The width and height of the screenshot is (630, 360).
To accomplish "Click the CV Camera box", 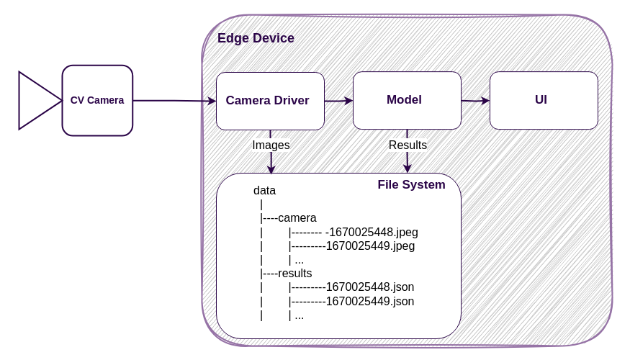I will [x=97, y=101].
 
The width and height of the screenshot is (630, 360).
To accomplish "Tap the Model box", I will [x=407, y=100].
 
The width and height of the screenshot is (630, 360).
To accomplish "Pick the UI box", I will [x=544, y=100].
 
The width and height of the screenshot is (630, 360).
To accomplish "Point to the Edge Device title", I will [x=256, y=38].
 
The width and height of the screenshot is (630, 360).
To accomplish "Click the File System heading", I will [x=411, y=185].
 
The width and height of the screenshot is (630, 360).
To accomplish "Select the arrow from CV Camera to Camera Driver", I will [x=173, y=101].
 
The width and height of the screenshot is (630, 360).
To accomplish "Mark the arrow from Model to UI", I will [x=475, y=101].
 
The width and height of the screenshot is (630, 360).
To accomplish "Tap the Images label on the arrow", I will [x=271, y=145].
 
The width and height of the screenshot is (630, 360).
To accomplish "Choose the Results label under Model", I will [x=408, y=145].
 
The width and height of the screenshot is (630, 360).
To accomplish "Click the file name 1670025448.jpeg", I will [x=372, y=233].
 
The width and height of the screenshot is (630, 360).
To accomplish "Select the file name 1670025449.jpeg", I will [x=370, y=246].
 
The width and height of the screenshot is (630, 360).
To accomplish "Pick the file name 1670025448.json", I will [x=370, y=287].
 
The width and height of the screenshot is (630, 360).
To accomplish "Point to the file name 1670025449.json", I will [x=370, y=301].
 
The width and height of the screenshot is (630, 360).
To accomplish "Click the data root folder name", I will [x=264, y=191].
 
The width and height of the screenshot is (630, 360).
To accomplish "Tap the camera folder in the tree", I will [x=297, y=218].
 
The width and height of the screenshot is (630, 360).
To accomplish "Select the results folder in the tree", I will [x=295, y=274].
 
